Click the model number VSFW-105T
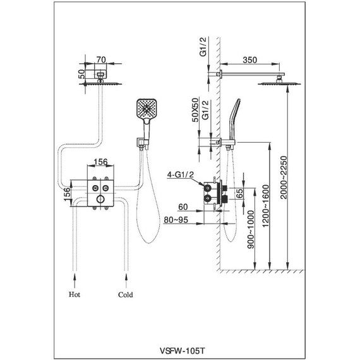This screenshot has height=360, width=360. pos(182,351)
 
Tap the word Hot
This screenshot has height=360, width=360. pos(75,294)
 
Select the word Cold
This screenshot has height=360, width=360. pos(125,294)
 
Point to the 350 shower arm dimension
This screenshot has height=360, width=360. pos(250,60)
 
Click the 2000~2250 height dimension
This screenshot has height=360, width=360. pos(284,177)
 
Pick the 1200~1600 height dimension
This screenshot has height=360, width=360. pos(265,206)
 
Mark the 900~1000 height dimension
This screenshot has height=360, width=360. pos(251,230)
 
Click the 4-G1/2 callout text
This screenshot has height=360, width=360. pos(181,175)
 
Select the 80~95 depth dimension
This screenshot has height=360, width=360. pos(176,220)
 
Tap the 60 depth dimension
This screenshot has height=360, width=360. pos(183,207)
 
